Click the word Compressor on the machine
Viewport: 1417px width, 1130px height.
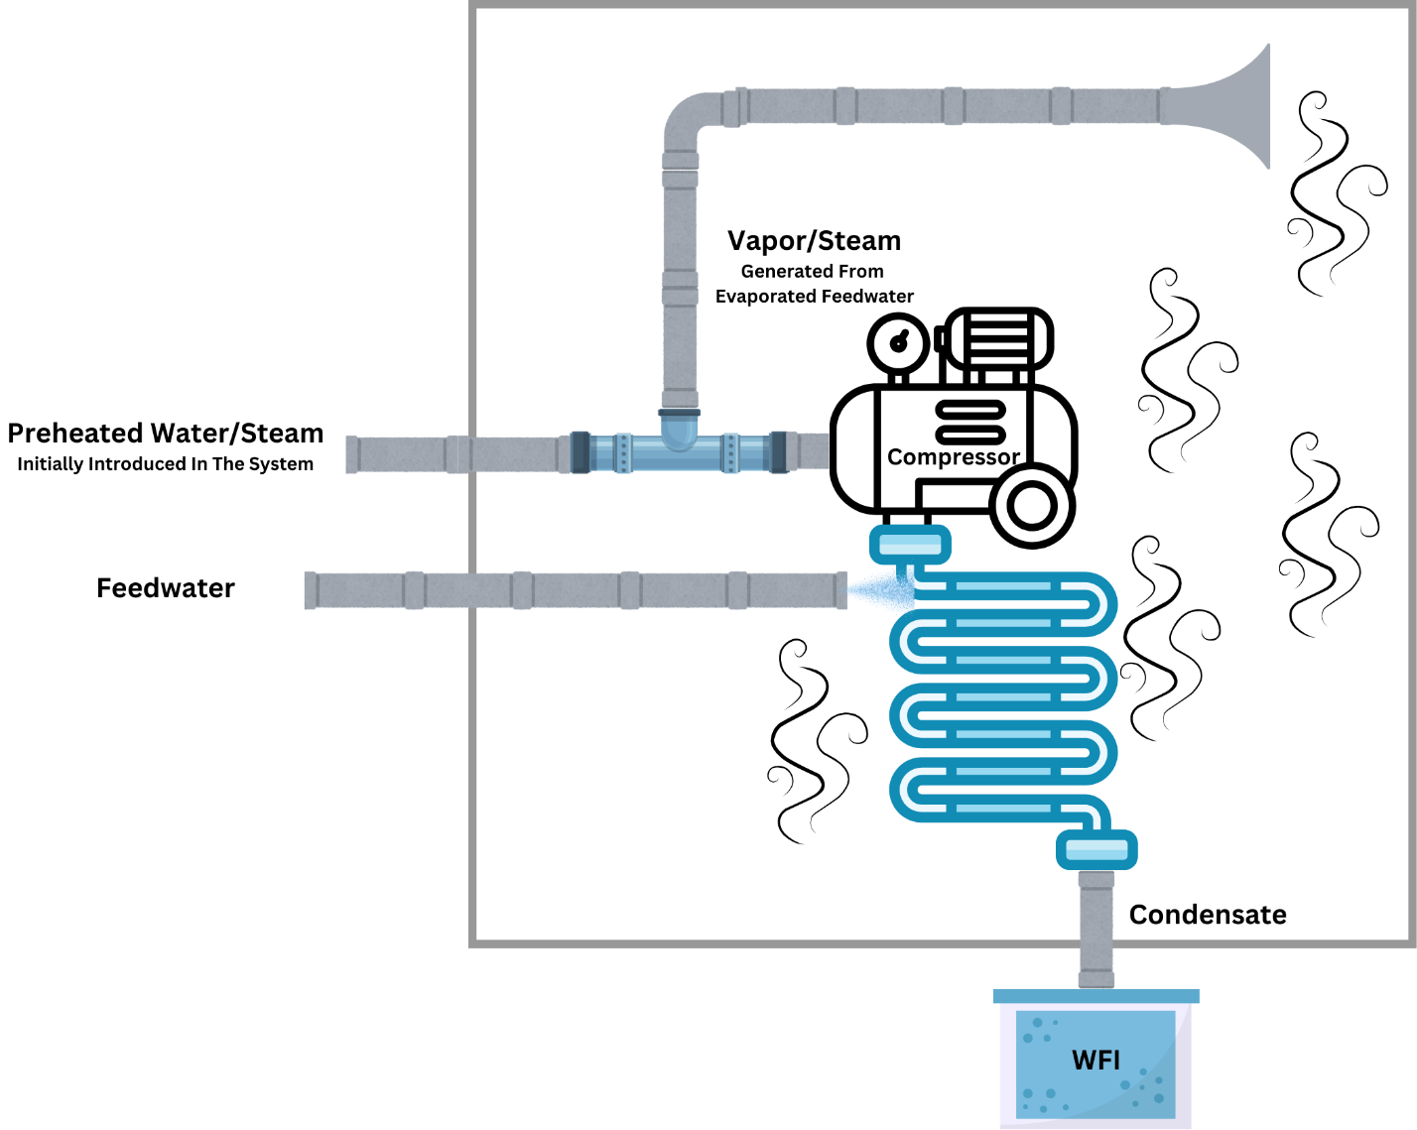(953, 457)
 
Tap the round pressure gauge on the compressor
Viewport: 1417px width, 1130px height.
(898, 343)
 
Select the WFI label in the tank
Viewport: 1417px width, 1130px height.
(1095, 1061)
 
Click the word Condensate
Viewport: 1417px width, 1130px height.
(1207, 915)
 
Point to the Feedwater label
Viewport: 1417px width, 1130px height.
(166, 588)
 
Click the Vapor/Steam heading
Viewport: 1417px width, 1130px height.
(814, 241)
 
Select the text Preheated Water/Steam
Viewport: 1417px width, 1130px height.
(166, 434)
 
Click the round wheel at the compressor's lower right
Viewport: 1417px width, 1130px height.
(1032, 506)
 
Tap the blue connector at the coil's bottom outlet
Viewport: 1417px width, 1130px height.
(1095, 850)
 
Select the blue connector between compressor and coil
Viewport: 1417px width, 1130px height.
(910, 545)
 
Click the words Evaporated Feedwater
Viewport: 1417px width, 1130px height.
(814, 297)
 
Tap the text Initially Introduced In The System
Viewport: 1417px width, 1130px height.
(166, 464)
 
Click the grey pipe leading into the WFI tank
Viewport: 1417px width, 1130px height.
(1095, 928)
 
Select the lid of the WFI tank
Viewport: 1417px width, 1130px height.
(1095, 996)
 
